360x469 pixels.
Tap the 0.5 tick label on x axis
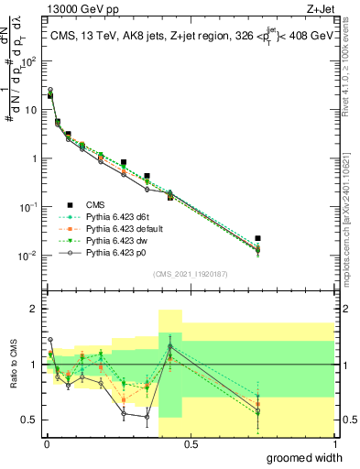pos(190,443)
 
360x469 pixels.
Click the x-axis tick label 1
pos(333,443)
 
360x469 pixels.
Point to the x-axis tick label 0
pos(46,443)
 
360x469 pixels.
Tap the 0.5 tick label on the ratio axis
pos(31,420)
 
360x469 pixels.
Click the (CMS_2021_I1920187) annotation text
pos(190,274)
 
